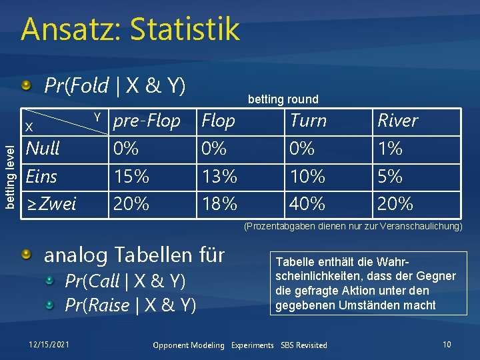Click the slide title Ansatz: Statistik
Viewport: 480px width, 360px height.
pyautogui.click(x=129, y=30)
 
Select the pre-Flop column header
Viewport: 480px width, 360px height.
pyautogui.click(x=147, y=121)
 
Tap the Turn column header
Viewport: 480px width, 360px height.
pyautogui.click(x=308, y=121)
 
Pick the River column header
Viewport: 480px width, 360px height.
pyautogui.click(x=397, y=121)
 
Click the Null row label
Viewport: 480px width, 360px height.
pyautogui.click(x=43, y=148)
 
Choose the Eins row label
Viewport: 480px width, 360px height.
pyautogui.click(x=41, y=177)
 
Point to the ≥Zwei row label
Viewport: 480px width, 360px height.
pyautogui.click(x=51, y=203)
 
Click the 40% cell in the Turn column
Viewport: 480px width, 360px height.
pyautogui.click(x=307, y=203)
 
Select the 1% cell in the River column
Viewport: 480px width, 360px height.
pyautogui.click(x=390, y=148)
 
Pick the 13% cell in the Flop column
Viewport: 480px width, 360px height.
pyautogui.click(x=219, y=177)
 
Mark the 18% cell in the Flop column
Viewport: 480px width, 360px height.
pyautogui.click(x=219, y=203)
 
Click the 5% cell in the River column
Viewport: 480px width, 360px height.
pyautogui.click(x=390, y=177)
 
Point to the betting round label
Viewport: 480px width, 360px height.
pyautogui.click(x=283, y=99)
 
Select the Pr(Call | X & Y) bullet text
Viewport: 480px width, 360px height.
pyautogui.click(x=125, y=281)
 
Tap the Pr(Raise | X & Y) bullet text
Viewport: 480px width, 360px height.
pyautogui.click(x=130, y=305)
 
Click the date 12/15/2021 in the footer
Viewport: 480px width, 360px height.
pyautogui.click(x=48, y=345)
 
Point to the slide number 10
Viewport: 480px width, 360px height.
pyautogui.click(x=447, y=345)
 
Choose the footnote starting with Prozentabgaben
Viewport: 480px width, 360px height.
pyautogui.click(x=353, y=227)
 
